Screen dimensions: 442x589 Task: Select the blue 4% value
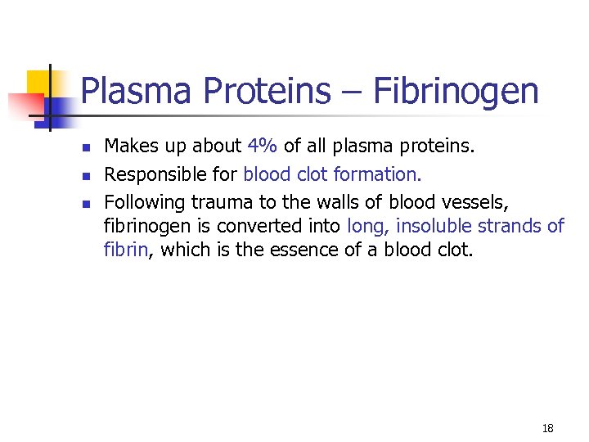pos(263,147)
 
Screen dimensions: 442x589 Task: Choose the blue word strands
pos(509,226)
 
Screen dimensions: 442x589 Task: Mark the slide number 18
pos(547,428)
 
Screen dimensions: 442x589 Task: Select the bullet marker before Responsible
pos(85,175)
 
